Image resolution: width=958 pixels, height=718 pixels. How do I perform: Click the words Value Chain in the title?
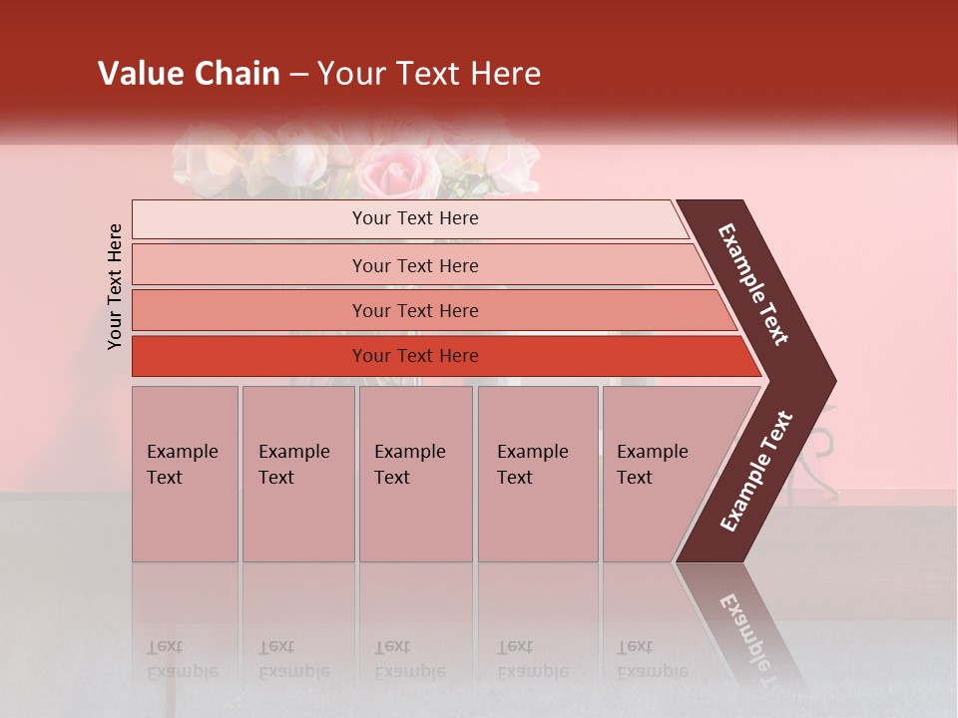click(x=189, y=74)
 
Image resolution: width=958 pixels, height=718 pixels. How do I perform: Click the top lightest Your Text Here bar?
click(x=414, y=219)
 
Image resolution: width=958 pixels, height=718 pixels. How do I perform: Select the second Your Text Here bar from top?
click(x=414, y=265)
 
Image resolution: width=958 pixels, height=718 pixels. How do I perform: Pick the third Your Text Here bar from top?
click(x=414, y=310)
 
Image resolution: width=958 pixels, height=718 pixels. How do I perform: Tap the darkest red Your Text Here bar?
click(x=414, y=356)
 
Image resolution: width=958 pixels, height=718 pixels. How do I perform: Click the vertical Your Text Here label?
click(x=115, y=287)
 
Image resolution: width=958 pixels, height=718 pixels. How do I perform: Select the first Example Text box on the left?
click(x=185, y=474)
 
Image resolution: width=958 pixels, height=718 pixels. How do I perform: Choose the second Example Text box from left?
click(x=297, y=474)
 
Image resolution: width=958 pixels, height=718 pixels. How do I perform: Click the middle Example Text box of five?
click(x=415, y=474)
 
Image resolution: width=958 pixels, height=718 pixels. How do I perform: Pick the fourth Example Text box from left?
click(x=538, y=474)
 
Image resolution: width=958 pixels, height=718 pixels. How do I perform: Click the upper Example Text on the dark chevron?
click(x=753, y=284)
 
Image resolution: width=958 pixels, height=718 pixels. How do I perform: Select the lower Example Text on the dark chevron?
click(x=756, y=471)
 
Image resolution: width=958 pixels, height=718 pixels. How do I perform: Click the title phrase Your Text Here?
click(x=429, y=74)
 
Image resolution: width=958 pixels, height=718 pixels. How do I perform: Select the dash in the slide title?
click(x=298, y=74)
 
